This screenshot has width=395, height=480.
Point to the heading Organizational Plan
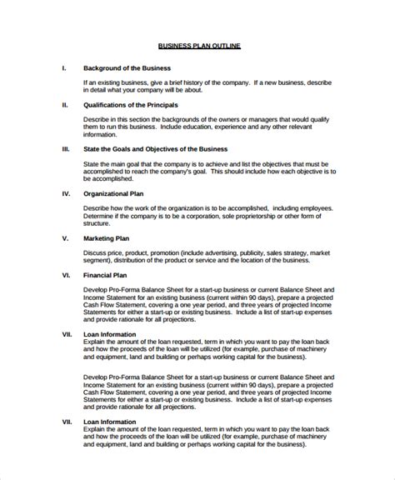[115, 192]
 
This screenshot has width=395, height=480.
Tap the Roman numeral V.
[65, 237]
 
